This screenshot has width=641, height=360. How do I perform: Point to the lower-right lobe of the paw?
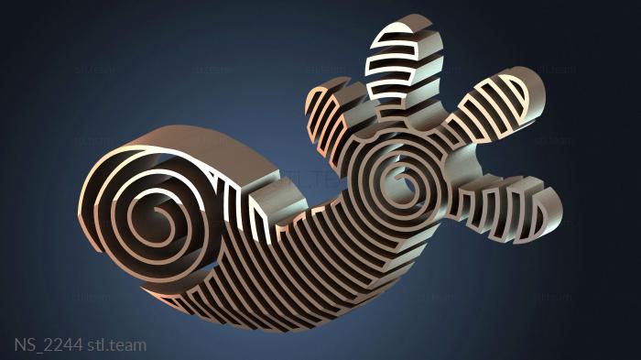coord(511,208)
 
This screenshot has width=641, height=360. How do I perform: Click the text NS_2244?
coord(49,344)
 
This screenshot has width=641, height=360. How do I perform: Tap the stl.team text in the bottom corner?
coord(117,344)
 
